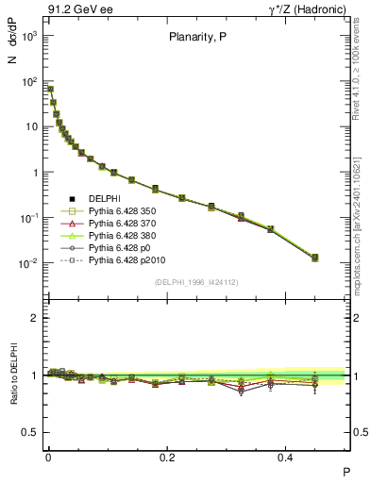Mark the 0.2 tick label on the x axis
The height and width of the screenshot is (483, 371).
pos(168,456)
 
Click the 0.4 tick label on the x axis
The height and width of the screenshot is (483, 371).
pos(288,456)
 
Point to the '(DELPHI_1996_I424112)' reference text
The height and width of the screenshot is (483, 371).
pos(196,281)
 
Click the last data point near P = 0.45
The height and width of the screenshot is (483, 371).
pos(315,258)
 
